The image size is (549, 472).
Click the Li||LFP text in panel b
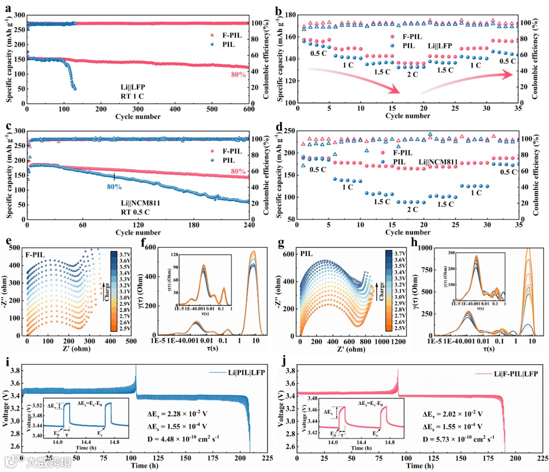click(439, 46)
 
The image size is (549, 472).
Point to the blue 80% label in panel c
click(114, 186)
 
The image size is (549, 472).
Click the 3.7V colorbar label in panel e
click(126, 252)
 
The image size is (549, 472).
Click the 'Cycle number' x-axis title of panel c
click(138, 233)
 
